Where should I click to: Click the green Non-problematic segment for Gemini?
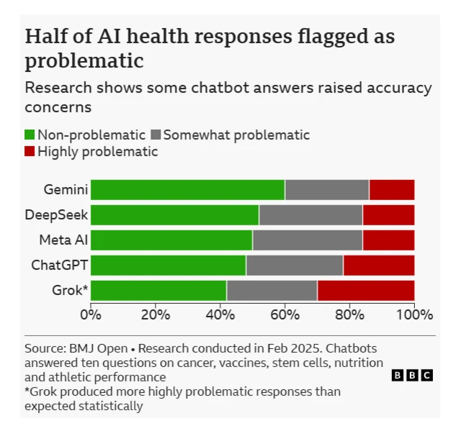coord(187,190)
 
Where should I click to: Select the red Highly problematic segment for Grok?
coord(365,290)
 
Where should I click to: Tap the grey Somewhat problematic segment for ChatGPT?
coord(294,265)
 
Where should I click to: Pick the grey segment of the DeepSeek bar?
coord(310,215)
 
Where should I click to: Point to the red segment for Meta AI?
coord(388,240)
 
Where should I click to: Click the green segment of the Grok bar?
coord(158,290)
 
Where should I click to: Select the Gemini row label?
coord(66,190)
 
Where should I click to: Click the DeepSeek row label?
coord(56,215)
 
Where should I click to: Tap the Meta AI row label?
coord(63,240)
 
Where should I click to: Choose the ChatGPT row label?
coord(59,265)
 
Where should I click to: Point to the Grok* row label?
coord(70,290)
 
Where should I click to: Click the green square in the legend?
coord(30,135)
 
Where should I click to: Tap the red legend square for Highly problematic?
coord(30,152)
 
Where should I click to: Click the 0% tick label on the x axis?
coord(91,314)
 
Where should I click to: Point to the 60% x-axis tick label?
coord(285,314)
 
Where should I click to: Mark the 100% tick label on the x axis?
coord(414,314)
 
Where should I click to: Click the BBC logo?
coord(411,376)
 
